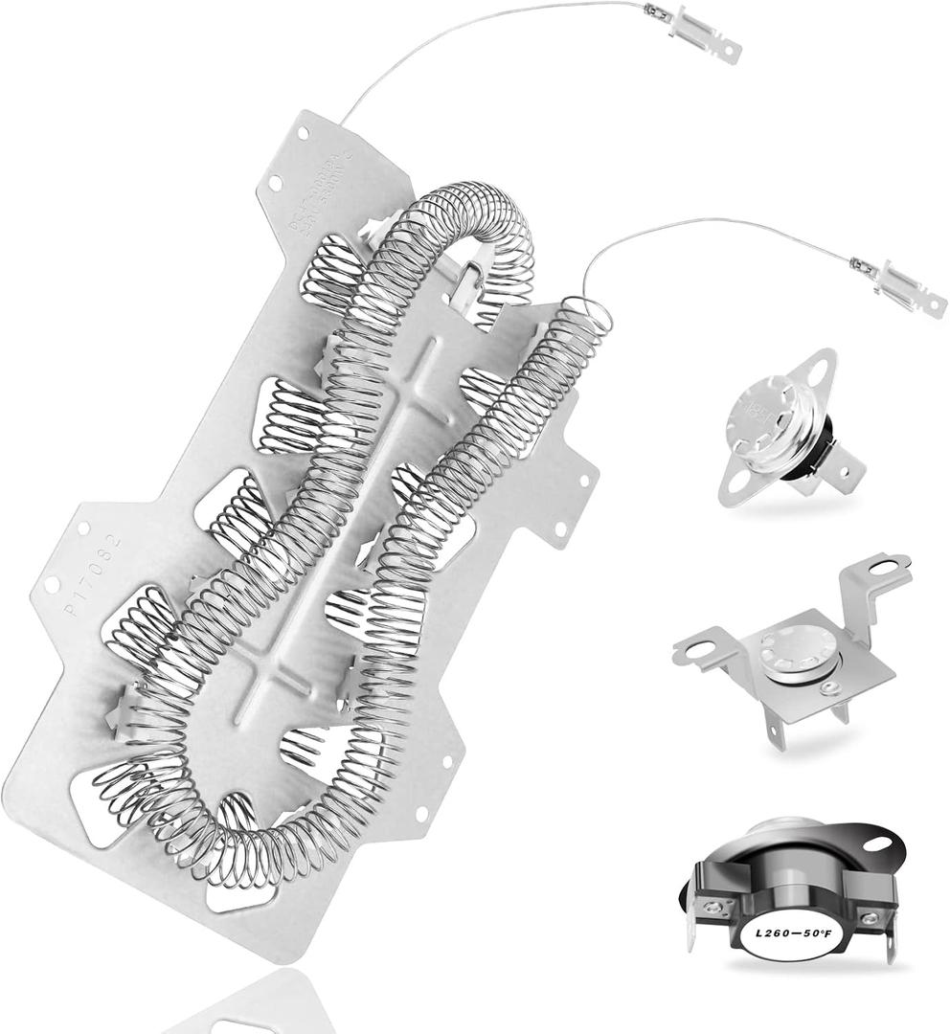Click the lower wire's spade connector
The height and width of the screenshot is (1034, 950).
pyautogui.click(x=905, y=288)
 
